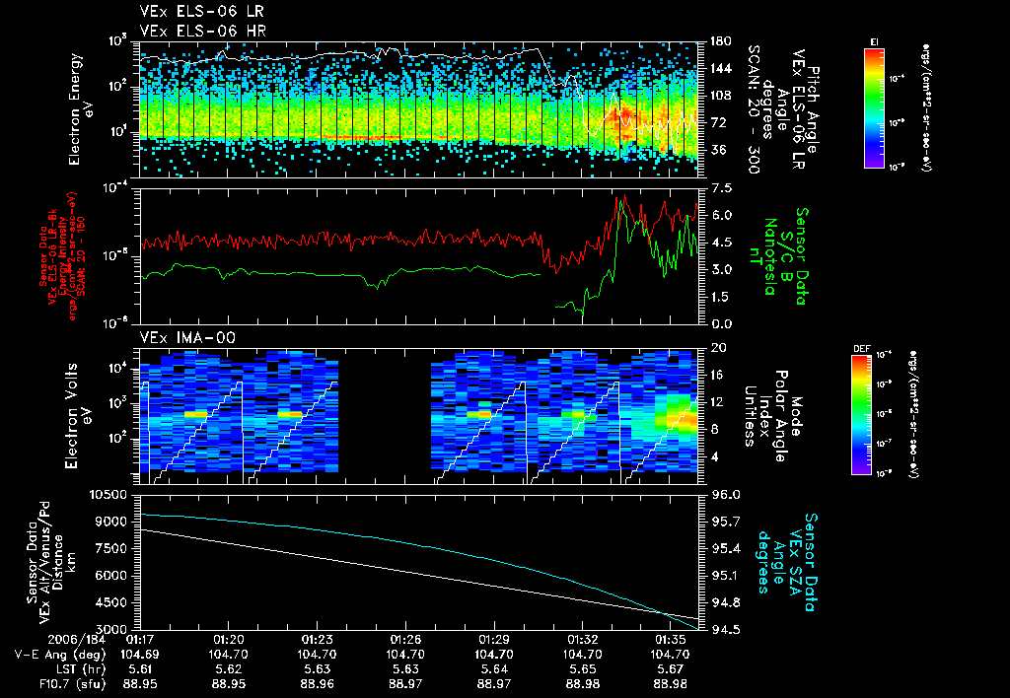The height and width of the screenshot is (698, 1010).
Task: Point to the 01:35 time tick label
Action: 671,639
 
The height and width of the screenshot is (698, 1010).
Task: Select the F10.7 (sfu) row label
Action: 52,683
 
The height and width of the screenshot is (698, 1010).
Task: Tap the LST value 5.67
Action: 671,668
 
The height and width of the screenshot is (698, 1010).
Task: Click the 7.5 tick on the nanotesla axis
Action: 717,187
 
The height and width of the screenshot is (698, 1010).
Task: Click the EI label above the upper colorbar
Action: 874,40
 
